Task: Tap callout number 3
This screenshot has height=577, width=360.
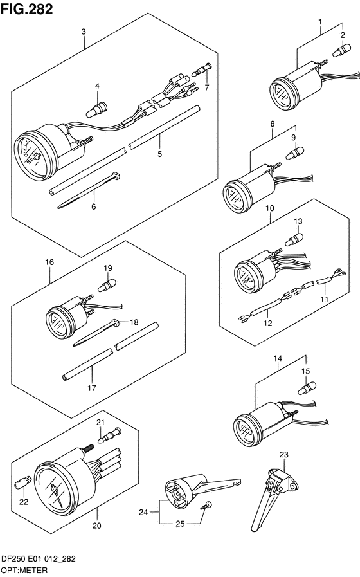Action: tap(84, 32)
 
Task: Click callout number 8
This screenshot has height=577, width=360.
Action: tap(273, 124)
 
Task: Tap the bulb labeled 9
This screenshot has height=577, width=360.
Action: tap(295, 154)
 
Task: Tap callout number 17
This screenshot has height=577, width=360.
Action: tap(93, 389)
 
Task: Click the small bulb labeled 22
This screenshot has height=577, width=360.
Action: tap(26, 480)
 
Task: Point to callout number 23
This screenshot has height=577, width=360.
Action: tap(285, 454)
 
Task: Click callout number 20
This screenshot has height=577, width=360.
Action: tap(97, 526)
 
